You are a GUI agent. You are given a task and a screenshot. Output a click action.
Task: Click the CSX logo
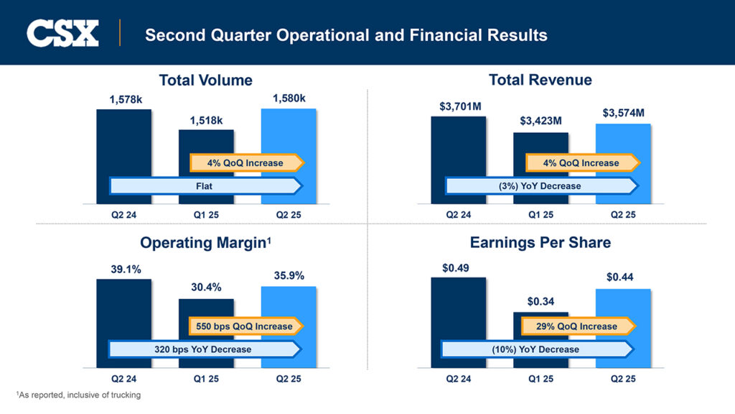click(62, 33)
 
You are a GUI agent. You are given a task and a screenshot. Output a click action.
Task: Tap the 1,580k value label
click(289, 98)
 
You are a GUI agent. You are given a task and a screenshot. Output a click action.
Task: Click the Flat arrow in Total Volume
click(205, 185)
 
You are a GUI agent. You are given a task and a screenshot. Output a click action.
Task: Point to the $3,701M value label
click(460, 106)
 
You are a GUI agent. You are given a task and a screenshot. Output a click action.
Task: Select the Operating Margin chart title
click(205, 242)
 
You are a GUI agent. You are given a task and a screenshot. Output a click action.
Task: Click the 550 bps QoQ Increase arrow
click(245, 326)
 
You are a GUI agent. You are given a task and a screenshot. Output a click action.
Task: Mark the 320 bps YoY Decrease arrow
click(204, 349)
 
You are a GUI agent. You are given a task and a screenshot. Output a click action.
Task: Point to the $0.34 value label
click(540, 301)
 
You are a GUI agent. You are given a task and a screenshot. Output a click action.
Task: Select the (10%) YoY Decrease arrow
click(536, 349)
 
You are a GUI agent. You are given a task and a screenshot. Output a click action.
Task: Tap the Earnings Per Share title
click(540, 242)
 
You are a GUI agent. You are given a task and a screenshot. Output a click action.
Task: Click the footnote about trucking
click(78, 395)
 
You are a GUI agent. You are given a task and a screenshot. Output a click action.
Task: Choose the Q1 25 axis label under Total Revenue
click(540, 214)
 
